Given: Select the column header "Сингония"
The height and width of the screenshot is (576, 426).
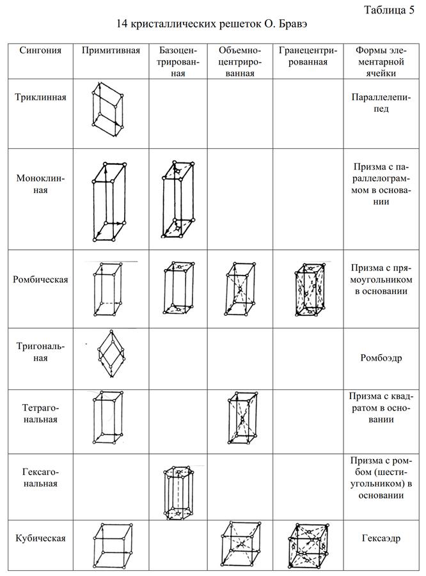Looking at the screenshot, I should [x=40, y=51].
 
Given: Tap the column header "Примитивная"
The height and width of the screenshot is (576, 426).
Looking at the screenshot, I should [x=111, y=51].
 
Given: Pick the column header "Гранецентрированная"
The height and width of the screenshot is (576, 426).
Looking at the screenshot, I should [x=303, y=56].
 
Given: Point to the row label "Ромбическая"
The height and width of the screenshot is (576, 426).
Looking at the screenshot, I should [x=40, y=279].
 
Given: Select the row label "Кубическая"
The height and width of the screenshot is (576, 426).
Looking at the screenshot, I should [x=40, y=538].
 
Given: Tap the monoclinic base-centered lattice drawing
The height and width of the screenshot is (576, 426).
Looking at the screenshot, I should [x=177, y=199].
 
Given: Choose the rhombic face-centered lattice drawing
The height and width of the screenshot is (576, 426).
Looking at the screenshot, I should [x=309, y=288].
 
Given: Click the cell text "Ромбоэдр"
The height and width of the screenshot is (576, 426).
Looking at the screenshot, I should [x=381, y=357].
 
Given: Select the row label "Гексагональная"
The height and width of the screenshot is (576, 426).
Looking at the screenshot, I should [x=40, y=477].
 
